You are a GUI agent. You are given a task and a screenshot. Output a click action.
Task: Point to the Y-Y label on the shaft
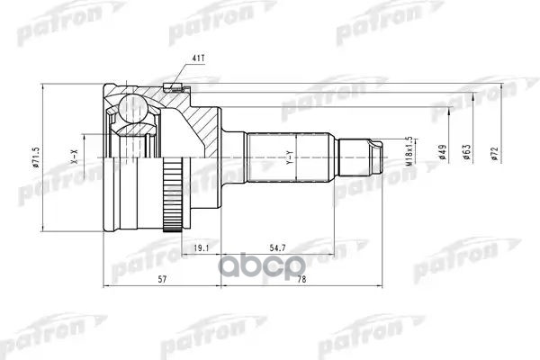pos(289,159)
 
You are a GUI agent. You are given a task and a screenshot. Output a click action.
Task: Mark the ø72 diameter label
pos(494,152)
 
